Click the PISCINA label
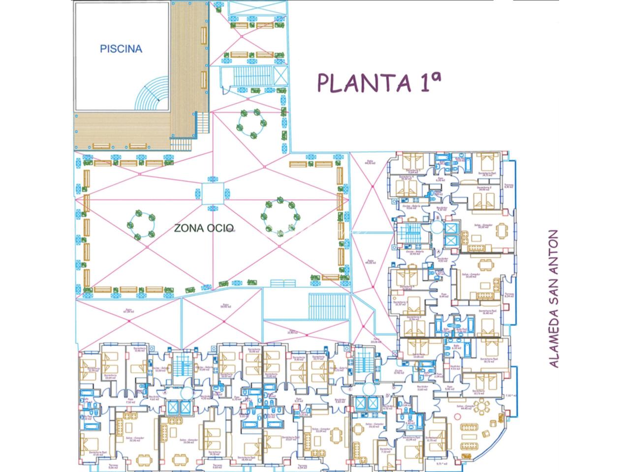pyautogui.click(x=121, y=49)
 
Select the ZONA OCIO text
pyautogui.click(x=204, y=228)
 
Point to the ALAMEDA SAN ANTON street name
pyautogui.click(x=554, y=299)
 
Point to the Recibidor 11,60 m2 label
pyautogui.click(x=422, y=388)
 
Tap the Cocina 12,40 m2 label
pyautogui.click(x=399, y=372)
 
